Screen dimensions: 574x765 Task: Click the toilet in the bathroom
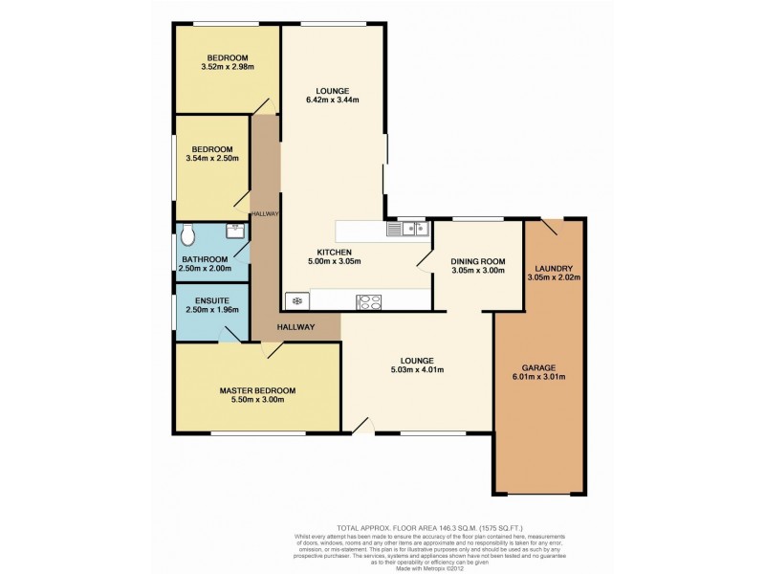tap(188, 232)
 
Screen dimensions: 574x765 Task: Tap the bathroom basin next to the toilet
tap(234, 231)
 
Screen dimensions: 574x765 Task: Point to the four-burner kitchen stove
tap(369, 302)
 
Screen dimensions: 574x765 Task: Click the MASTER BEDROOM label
tap(257, 390)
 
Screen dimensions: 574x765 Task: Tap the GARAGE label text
tap(538, 367)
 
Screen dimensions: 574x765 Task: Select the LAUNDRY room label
tap(554, 267)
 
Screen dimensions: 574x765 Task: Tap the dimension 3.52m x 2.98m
tap(227, 67)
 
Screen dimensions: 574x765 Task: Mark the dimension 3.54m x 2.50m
tap(212, 159)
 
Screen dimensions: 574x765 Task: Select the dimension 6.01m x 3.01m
tap(538, 377)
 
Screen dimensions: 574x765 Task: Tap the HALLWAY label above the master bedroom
tap(296, 327)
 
